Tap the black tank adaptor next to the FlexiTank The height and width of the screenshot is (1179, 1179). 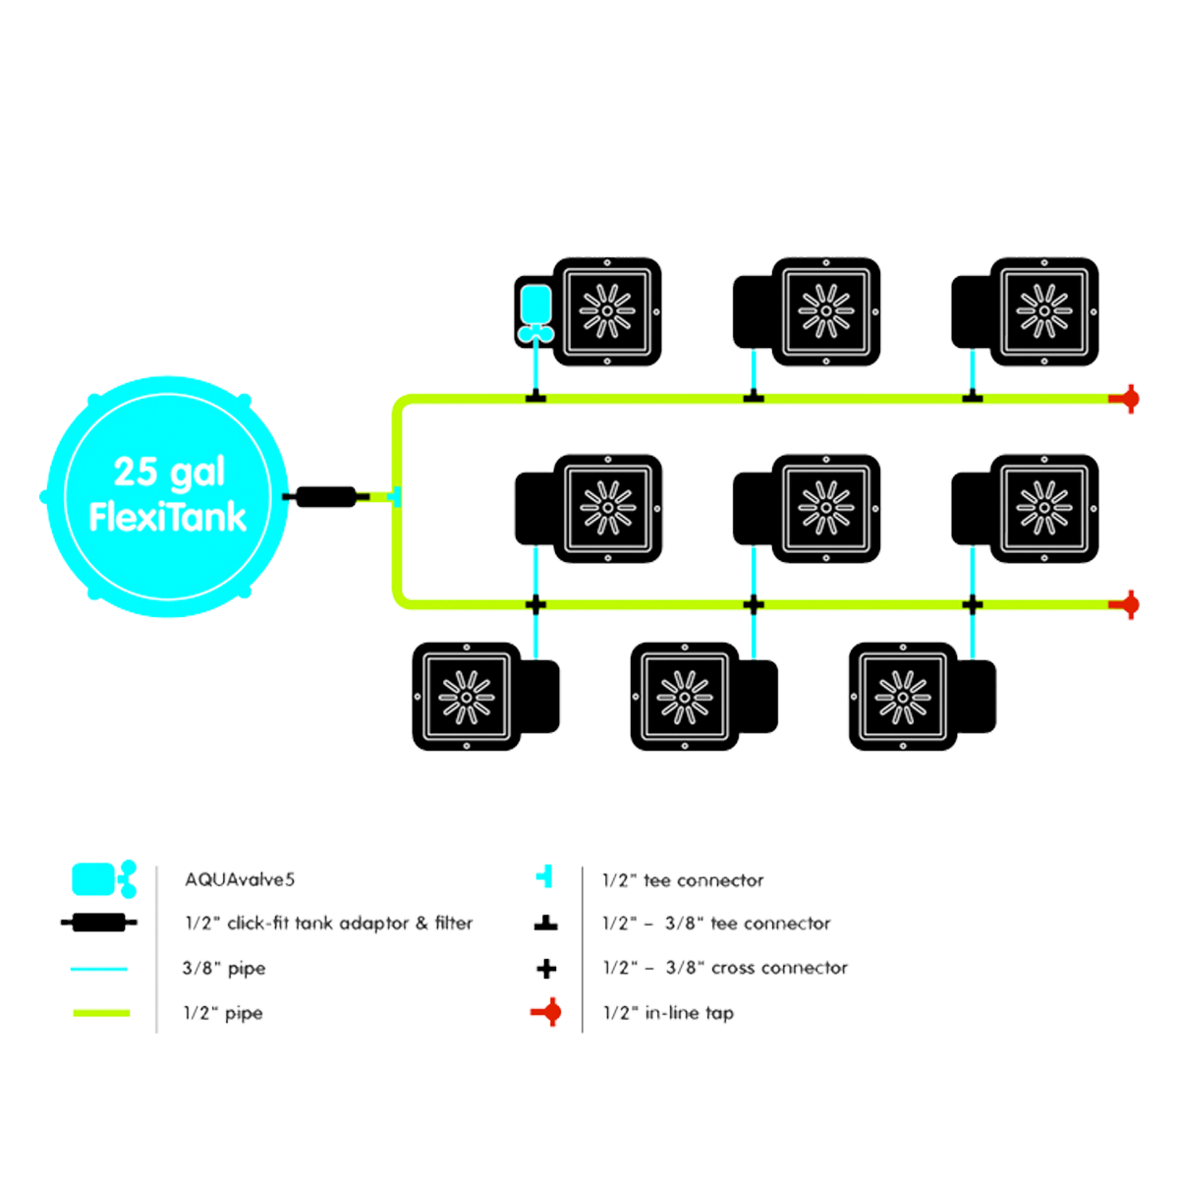pos(325,496)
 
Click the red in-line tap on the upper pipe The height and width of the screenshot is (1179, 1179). pos(1129,399)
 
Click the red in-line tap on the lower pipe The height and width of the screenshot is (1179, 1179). pos(1129,603)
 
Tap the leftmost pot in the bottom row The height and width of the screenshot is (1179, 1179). pos(466,697)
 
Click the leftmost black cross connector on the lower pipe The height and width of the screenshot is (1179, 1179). pos(535,603)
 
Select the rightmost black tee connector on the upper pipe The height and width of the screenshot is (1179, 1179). pos(972,397)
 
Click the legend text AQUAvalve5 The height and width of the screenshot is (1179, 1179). pos(240,880)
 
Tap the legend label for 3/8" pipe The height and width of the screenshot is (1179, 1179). pos(224,969)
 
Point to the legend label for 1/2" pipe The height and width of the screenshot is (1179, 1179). pos(224,1012)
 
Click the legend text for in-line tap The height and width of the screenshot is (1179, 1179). pos(668,1012)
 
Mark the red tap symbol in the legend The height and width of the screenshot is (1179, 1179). pos(553,1011)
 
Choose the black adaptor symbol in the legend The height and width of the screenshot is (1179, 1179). pos(93,923)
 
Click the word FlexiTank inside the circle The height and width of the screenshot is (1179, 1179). pos(167,518)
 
